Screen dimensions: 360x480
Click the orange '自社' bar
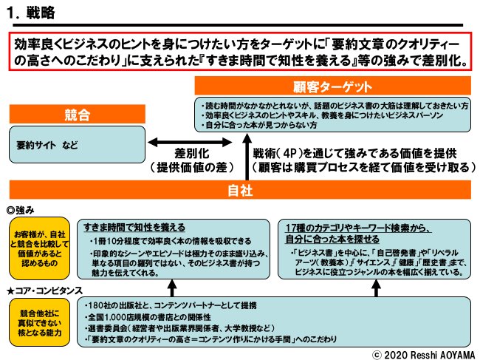pyautogui.click(x=239, y=190)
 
